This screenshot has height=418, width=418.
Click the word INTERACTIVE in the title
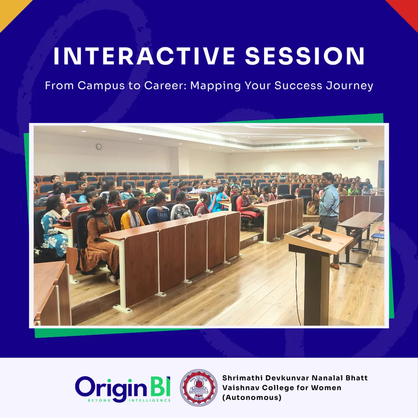pyautogui.click(x=144, y=56)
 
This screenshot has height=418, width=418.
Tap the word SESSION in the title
pyautogui.click(x=305, y=56)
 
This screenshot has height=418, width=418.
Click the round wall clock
pyautogui.click(x=99, y=147)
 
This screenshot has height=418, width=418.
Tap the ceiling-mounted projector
pyautogui.click(x=357, y=147)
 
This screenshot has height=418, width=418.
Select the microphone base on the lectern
pyautogui.click(x=322, y=237)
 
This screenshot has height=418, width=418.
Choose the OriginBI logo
pyautogui.click(x=123, y=389)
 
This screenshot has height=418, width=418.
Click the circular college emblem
pyautogui.click(x=199, y=387)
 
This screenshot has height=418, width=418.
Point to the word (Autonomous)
pyautogui.click(x=252, y=397)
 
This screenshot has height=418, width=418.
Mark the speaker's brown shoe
pyautogui.click(x=334, y=266)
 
